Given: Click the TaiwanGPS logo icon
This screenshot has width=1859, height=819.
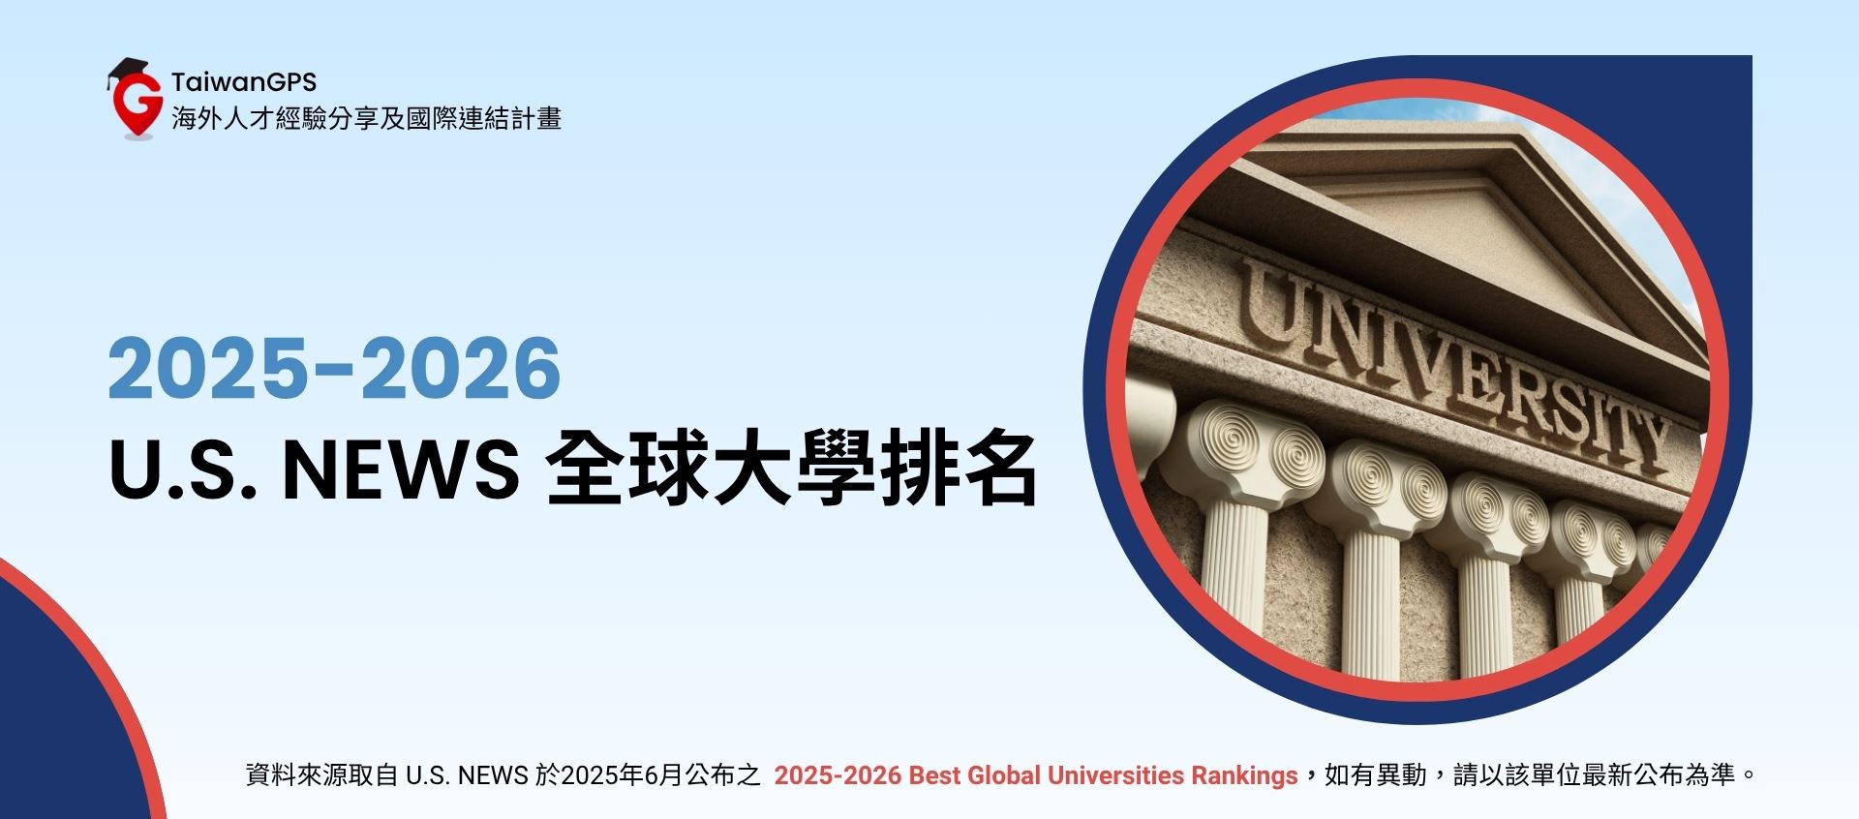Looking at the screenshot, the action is pyautogui.click(x=135, y=99).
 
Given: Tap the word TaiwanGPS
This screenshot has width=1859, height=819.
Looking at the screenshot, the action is pyautogui.click(x=244, y=82).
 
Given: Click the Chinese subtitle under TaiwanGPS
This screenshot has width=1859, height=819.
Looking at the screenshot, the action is pyautogui.click(x=366, y=119).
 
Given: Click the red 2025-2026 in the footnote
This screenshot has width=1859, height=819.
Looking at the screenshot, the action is pyautogui.click(x=838, y=775).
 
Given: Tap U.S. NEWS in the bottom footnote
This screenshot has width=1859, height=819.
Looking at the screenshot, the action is pyautogui.click(x=467, y=775).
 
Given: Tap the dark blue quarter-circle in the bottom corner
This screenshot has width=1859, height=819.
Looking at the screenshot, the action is pyautogui.click(x=58, y=726).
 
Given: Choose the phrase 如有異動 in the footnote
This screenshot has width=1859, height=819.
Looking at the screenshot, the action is pyautogui.click(x=1375, y=775).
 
